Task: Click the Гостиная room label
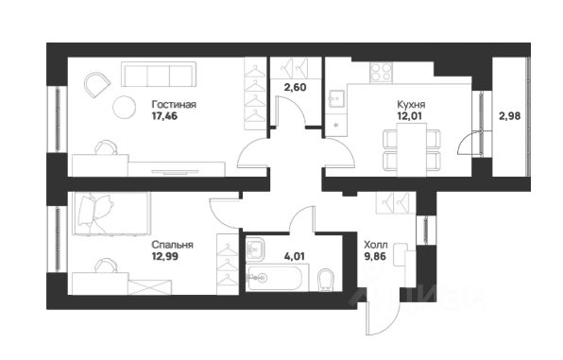coord(174,105)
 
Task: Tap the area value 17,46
coord(164,116)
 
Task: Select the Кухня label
coord(411,105)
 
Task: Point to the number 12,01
coord(409,116)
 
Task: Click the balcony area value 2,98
coord(509,116)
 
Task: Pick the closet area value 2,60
coord(295,87)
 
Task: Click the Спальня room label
coord(172,245)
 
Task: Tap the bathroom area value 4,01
coord(295,256)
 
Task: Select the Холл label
coord(376,245)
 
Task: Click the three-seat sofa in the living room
coord(159,75)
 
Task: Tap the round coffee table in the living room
coord(125,107)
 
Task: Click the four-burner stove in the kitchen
coord(381,72)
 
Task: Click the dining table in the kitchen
coord(412,150)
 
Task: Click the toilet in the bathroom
coord(326,280)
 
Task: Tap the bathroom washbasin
coord(255,249)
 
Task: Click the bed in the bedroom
coord(111,214)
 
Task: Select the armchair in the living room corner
coord(96,85)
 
